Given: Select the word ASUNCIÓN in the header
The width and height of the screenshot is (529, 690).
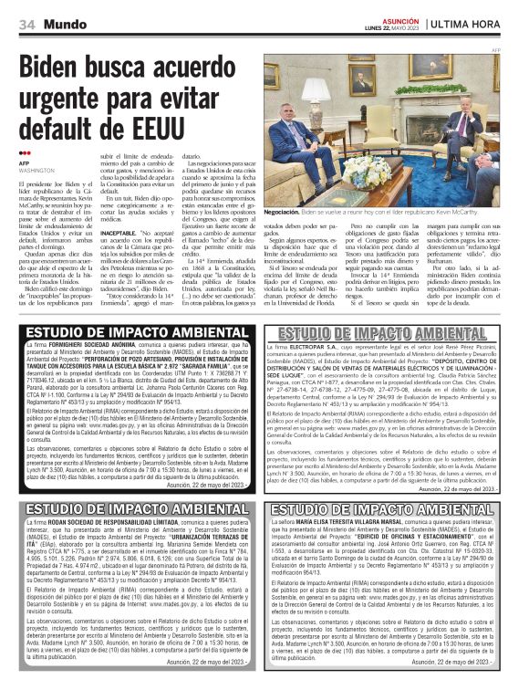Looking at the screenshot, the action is click(x=400, y=19).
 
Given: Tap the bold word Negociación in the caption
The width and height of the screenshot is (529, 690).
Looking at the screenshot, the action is click(x=282, y=210).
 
